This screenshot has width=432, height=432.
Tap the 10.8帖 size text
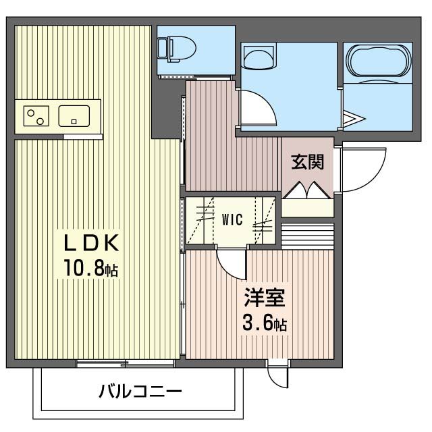92,269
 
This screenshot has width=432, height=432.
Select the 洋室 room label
264,298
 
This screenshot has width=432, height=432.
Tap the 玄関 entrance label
307,162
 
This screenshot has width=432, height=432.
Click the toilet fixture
177,48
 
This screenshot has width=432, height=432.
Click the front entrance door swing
361,169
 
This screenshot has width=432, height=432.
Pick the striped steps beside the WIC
307,235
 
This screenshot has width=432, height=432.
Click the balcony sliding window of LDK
125,364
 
